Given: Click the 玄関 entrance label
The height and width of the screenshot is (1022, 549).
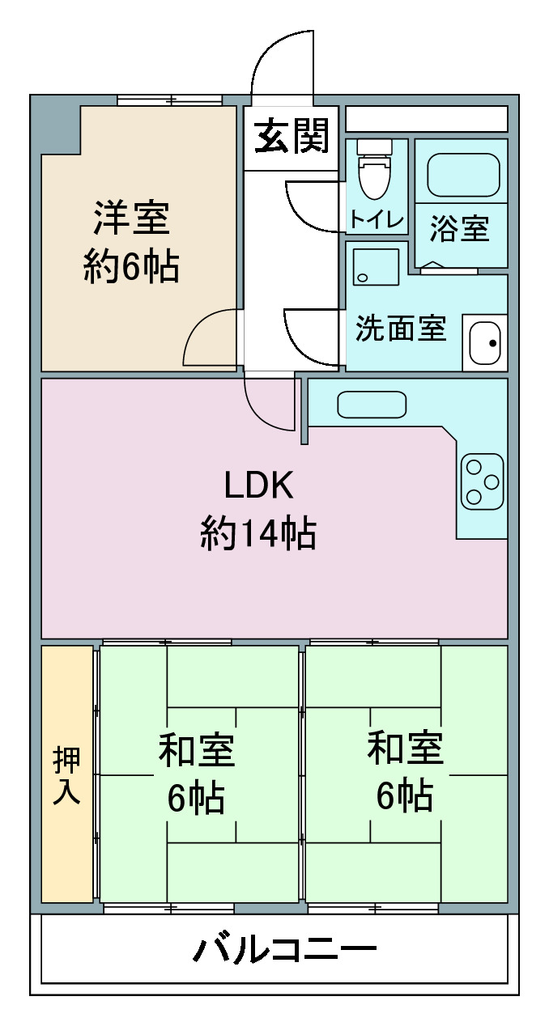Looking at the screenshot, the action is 292,136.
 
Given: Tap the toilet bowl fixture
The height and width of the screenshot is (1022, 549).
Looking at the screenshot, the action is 375,168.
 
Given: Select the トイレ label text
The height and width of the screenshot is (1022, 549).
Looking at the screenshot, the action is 377,220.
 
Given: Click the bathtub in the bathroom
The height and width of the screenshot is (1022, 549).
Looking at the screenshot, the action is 463,176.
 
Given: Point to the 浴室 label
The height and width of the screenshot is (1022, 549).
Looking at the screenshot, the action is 459,228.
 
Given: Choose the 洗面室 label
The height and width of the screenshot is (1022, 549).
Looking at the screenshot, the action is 401,328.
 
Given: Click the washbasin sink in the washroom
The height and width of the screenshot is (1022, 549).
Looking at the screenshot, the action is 485,343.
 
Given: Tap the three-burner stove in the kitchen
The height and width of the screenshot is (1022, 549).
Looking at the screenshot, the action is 483,481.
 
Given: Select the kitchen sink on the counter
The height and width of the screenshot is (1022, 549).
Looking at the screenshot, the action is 372,405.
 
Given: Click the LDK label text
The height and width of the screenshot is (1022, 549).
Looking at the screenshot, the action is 259,485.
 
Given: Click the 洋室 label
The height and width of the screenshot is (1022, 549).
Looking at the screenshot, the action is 131,218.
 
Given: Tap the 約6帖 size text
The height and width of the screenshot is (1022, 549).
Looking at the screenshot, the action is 131,266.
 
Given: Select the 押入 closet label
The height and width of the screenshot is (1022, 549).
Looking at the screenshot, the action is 66,776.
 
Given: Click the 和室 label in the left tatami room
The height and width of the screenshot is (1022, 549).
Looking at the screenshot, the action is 197,750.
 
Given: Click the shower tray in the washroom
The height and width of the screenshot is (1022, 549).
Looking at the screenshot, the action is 376,267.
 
